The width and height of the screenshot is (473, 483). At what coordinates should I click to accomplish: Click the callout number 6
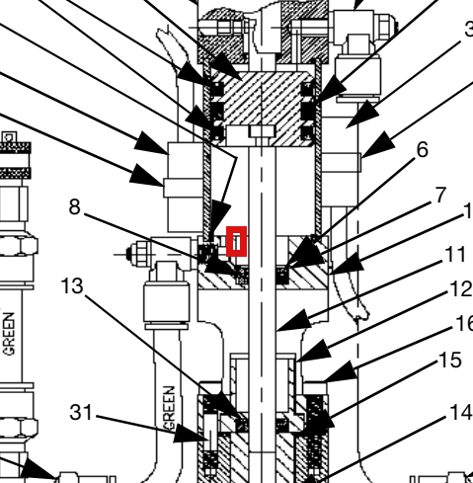coord(423,150)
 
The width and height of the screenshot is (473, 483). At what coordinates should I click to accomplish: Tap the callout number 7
coord(440,195)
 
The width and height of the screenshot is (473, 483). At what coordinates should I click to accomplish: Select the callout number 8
coord(75,207)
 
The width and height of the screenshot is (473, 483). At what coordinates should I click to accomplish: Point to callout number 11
coord(455,254)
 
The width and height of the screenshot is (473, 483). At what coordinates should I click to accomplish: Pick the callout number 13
coord(72,285)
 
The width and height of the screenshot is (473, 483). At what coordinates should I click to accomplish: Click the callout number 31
coord(81,412)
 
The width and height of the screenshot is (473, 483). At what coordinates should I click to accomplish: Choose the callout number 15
coord(450,360)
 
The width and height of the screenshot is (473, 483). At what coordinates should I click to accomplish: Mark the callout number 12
coord(461,289)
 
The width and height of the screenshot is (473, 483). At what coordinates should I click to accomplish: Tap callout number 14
coord(461,412)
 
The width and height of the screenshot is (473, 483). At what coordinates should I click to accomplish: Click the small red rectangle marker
coord(236,241)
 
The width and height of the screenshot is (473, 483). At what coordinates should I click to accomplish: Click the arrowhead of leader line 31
coord(190,434)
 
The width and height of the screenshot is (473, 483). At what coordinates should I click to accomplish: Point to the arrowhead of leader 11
coord(294,322)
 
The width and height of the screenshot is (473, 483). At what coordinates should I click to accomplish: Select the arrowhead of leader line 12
coord(314,352)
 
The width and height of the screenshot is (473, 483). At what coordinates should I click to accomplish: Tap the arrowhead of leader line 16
coord(341,371)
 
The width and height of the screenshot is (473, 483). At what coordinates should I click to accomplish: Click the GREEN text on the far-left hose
coord(10,334)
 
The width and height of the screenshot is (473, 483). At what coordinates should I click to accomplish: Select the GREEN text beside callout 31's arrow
coord(169,409)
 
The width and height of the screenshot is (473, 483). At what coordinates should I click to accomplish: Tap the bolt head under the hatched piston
coord(262,131)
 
